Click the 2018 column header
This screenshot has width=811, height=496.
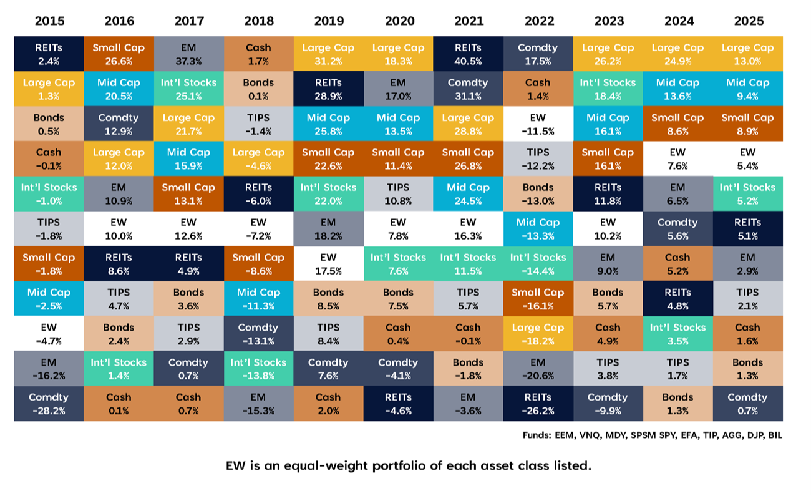(x=258, y=21)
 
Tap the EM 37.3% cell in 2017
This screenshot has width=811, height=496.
(x=188, y=54)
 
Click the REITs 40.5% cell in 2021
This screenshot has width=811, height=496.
(x=469, y=54)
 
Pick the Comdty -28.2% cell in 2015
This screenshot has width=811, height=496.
(x=49, y=403)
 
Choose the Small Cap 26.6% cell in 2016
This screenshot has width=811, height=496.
(x=119, y=54)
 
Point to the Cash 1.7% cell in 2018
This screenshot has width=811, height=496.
(x=258, y=54)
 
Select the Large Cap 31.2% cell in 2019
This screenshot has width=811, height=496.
(x=328, y=54)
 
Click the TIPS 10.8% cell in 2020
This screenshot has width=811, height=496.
(x=398, y=193)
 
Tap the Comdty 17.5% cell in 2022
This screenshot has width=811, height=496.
(x=538, y=54)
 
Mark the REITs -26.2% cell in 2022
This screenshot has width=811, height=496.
(x=538, y=403)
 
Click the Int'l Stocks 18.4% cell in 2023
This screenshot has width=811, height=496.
(x=608, y=89)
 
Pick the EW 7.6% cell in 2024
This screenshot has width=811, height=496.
(x=678, y=158)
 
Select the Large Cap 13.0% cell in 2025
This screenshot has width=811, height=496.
(x=748, y=54)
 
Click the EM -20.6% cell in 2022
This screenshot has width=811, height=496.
(x=538, y=368)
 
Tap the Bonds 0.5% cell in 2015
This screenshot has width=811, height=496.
(x=49, y=124)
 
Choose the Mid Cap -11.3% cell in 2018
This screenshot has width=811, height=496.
(x=258, y=298)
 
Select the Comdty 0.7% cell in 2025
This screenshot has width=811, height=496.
(x=748, y=403)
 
